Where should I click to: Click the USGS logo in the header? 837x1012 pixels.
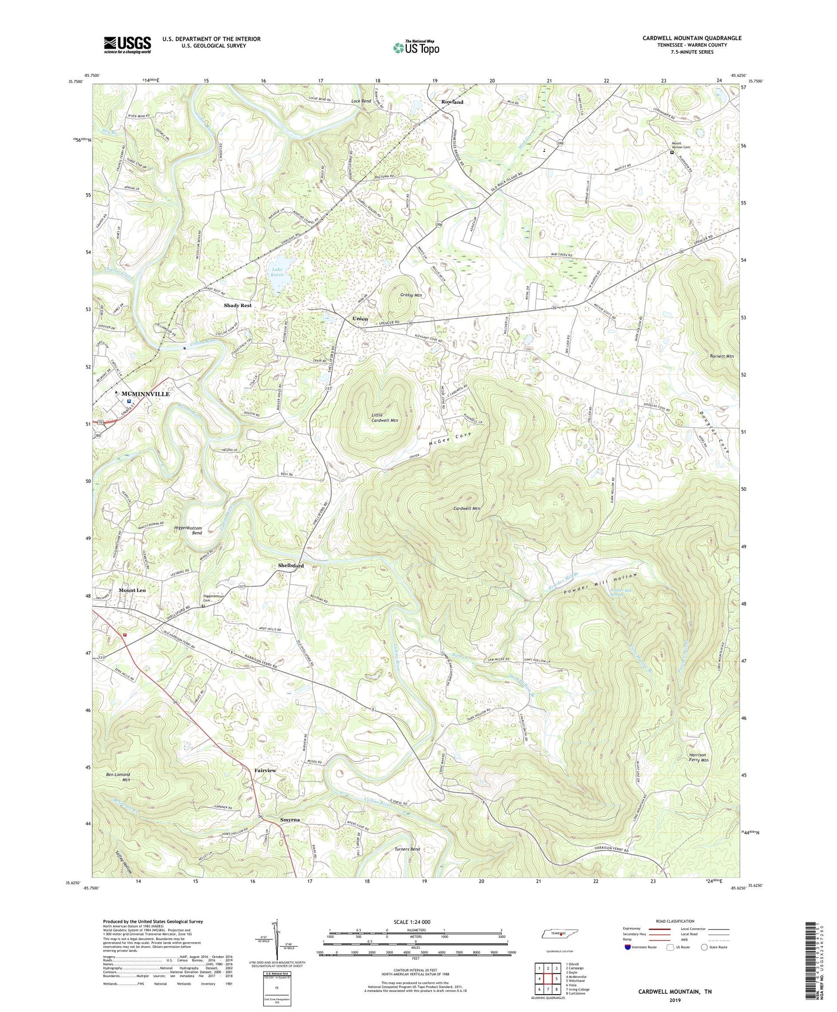tap(127, 45)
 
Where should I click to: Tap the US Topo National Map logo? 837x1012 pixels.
tap(416, 47)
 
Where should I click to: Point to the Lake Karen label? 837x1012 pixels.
tap(277, 271)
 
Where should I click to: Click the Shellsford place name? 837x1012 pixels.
tap(291, 565)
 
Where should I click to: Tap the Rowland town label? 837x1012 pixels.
tap(452, 102)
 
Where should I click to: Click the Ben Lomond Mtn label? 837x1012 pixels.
tap(118, 778)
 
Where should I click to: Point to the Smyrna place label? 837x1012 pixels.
tap(290, 819)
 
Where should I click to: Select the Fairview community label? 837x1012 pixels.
tap(265, 770)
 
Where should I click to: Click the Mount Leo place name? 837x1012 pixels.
tap(132, 591)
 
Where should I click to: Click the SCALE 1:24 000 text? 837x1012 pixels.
tap(415, 922)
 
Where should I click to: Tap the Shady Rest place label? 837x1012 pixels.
tap(238, 305)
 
